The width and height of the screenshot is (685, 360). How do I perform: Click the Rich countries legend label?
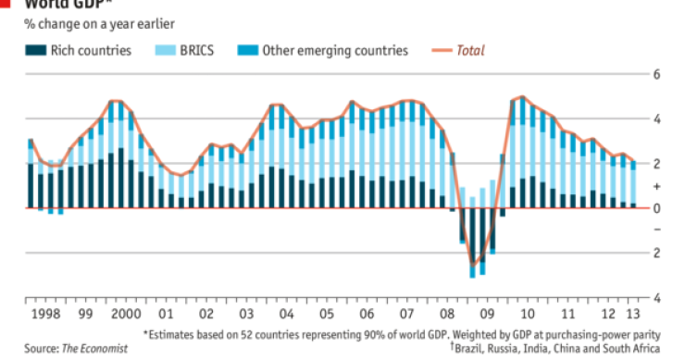click(91, 50)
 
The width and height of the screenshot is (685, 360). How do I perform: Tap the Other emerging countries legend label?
click(334, 50)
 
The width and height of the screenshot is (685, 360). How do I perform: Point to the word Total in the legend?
click(470, 50)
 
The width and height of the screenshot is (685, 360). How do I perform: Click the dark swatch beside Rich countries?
click(34, 50)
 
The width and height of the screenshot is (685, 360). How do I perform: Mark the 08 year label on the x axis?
click(447, 315)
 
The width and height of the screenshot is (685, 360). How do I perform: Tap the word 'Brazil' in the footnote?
click(474, 349)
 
